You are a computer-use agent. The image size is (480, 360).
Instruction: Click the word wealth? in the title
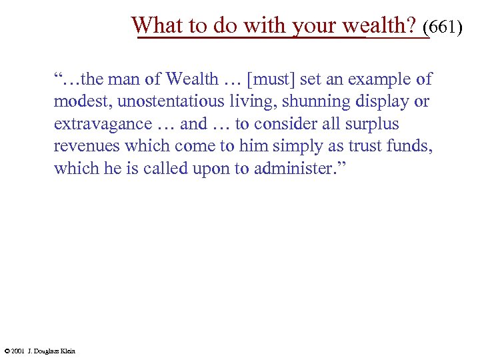click(x=379, y=25)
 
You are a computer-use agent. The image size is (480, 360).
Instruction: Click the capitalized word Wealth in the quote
click(x=192, y=80)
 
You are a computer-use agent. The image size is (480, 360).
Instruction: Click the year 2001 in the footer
click(x=17, y=351)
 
